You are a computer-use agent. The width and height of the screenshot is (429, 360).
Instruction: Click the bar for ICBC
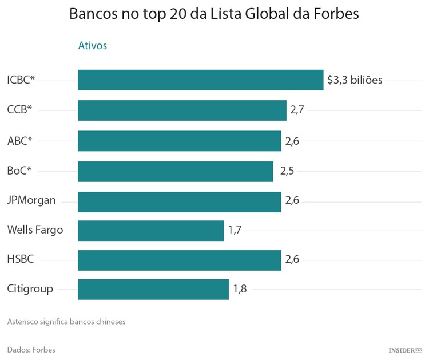pyautogui.click(x=200, y=80)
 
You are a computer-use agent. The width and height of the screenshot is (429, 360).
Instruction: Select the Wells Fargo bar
pyautogui.click(x=150, y=231)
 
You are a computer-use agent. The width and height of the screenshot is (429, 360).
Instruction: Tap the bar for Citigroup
pyautogui.click(x=153, y=289)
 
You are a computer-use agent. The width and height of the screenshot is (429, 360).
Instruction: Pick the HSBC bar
pyautogui.click(x=179, y=260)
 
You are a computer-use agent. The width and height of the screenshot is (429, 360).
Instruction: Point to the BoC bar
pyautogui.click(x=175, y=171)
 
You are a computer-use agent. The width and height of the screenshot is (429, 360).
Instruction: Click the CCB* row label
pyautogui.click(x=19, y=110)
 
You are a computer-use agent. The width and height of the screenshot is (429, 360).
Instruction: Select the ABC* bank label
pyautogui.click(x=19, y=140)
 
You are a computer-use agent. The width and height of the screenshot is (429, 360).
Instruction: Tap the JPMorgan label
pyautogui.click(x=31, y=200)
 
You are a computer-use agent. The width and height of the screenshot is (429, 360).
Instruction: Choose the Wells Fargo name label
pyautogui.click(x=35, y=230)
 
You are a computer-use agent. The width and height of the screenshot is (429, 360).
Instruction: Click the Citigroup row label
pyautogui.click(x=30, y=289)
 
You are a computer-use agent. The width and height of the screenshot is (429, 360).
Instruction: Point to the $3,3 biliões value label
pyautogui.click(x=354, y=80)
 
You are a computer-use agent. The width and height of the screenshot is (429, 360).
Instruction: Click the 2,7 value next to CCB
pyautogui.click(x=297, y=110)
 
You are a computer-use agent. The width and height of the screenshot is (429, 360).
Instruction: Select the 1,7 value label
pyautogui.click(x=235, y=231)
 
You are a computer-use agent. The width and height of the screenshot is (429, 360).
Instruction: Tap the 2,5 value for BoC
pyautogui.click(x=287, y=171)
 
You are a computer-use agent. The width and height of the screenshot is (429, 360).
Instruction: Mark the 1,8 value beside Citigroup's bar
pyautogui.click(x=240, y=289)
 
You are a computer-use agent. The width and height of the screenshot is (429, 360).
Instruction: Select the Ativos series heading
pyautogui.click(x=92, y=46)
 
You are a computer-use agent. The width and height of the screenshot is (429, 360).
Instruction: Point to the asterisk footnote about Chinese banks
pyautogui.click(x=66, y=322)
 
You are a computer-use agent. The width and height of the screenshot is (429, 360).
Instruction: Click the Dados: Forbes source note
pyautogui.click(x=31, y=350)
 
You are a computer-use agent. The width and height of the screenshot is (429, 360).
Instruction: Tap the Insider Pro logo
pyautogui.click(x=404, y=350)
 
